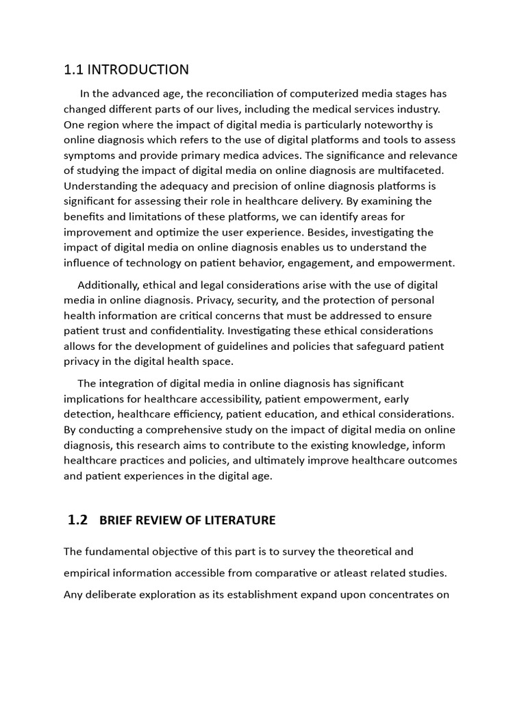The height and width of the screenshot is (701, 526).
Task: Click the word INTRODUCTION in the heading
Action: (138, 70)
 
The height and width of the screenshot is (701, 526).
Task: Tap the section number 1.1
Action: (73, 70)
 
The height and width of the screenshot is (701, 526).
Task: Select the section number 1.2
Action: (78, 520)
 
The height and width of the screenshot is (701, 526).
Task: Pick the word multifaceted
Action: (412, 170)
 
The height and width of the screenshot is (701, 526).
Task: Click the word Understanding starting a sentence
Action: (100, 186)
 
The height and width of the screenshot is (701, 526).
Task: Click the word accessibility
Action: (226, 398)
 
